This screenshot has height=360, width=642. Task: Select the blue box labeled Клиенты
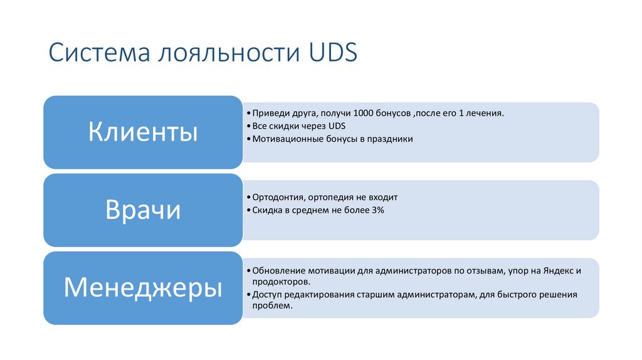(x=143, y=132)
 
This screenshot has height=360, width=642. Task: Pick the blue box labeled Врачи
(x=143, y=210)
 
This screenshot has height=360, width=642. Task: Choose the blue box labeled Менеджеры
(x=143, y=288)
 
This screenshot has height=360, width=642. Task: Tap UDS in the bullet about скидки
(x=329, y=126)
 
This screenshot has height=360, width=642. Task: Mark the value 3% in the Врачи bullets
(x=377, y=210)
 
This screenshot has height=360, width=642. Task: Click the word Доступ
(x=266, y=294)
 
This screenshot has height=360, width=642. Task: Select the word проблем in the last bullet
(x=271, y=306)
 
